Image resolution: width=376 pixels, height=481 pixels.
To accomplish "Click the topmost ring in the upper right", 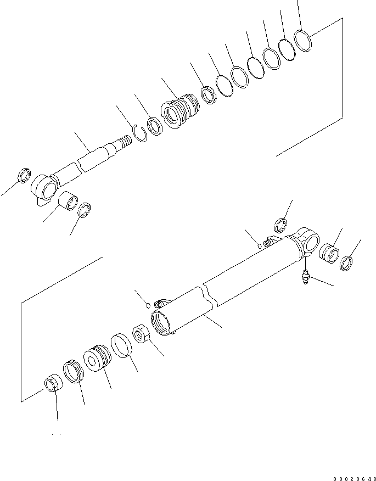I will [x=302, y=40].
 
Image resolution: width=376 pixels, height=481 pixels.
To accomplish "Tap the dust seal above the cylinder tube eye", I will [x=281, y=225].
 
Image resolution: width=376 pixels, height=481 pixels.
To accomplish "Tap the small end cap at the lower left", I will [x=53, y=383].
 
